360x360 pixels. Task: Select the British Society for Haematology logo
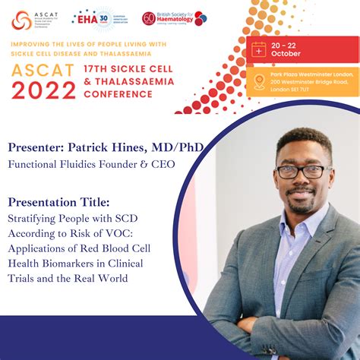click(x=174, y=18)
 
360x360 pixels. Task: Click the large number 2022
click(x=43, y=90)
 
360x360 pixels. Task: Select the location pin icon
click(x=259, y=81)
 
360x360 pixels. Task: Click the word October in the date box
click(x=286, y=53)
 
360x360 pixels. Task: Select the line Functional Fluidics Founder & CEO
click(x=86, y=163)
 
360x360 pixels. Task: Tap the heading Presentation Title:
click(x=58, y=202)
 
